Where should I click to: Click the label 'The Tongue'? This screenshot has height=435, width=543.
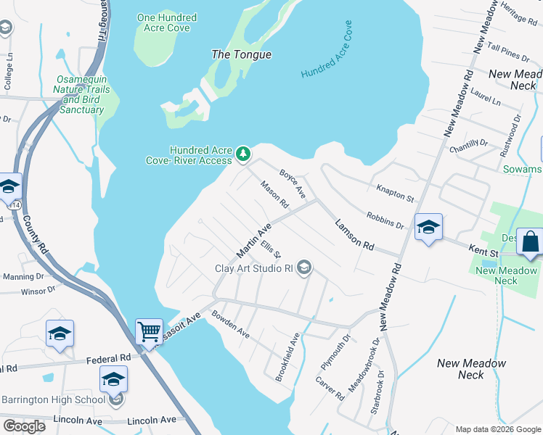(241, 54)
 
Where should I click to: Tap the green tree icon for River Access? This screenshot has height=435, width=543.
(243, 154)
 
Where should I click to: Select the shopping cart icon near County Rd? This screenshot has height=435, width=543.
(149, 331)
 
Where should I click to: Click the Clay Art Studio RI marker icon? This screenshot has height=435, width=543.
(305, 268)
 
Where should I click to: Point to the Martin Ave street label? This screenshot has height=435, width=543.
(253, 241)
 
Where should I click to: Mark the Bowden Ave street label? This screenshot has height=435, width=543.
(230, 326)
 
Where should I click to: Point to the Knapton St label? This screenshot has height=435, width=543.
(395, 193)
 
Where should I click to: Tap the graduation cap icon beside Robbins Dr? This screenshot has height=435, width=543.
(428, 227)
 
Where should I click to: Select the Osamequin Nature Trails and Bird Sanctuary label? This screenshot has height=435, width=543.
(81, 94)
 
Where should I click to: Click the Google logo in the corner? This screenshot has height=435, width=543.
(24, 426)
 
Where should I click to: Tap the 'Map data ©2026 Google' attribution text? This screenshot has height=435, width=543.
(497, 429)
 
